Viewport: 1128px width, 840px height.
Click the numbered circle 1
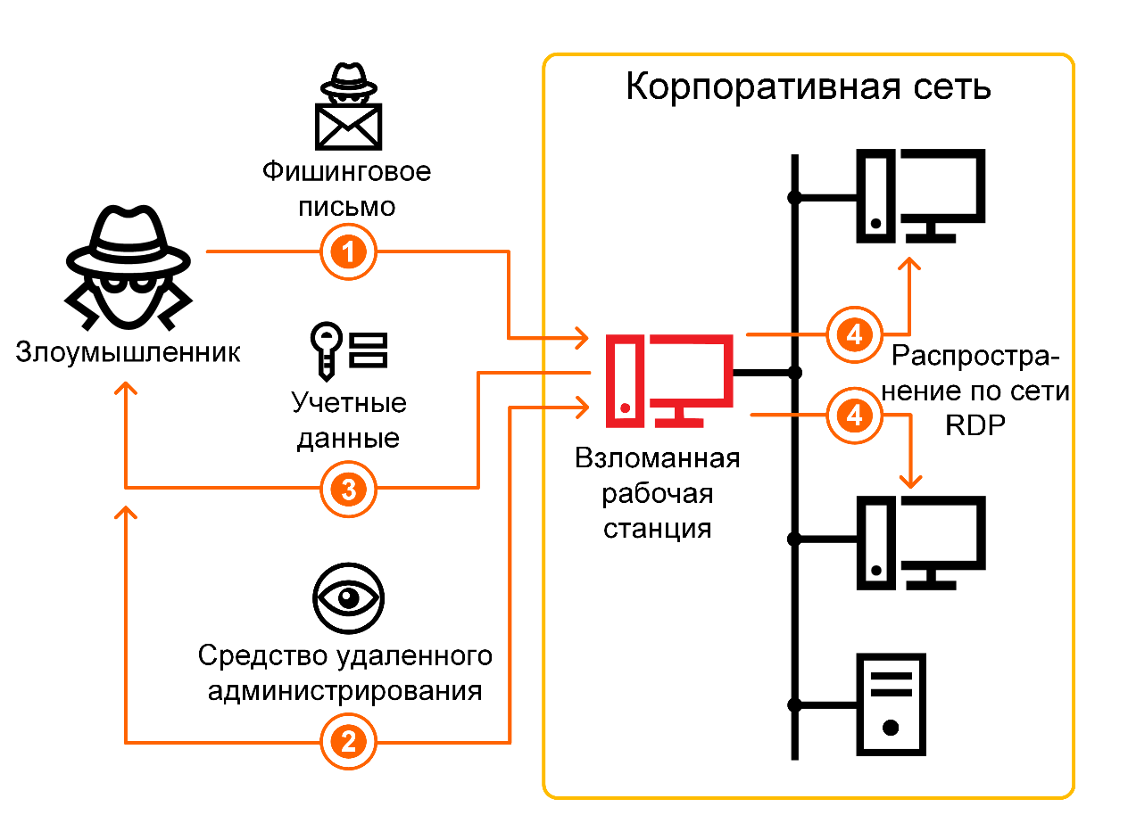(348, 252)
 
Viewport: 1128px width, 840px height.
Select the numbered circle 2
(348, 741)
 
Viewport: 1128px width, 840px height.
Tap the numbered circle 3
(348, 488)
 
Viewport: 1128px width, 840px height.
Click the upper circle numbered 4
(854, 334)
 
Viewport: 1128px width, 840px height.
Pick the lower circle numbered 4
(854, 416)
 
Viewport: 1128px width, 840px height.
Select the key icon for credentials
(325, 349)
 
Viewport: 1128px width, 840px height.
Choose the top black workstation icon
(920, 196)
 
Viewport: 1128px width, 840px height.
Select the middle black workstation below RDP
(920, 541)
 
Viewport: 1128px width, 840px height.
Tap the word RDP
(975, 425)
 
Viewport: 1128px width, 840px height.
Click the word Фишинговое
(346, 171)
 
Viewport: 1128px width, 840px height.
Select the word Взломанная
(658, 459)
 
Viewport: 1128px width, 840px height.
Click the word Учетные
(349, 403)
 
